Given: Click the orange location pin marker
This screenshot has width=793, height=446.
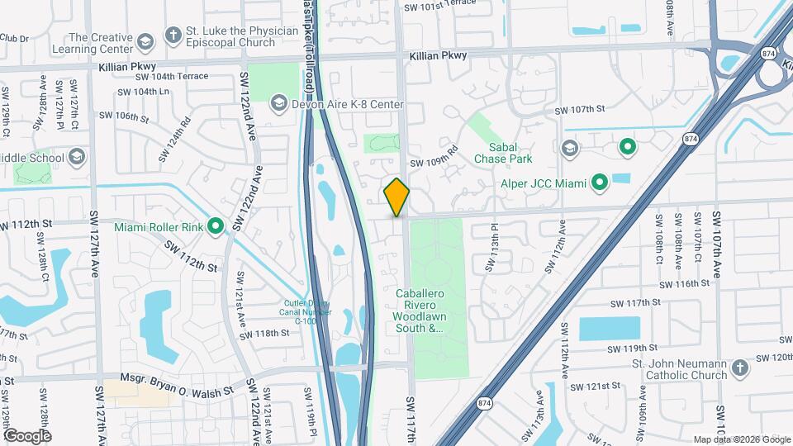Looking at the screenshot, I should (x=396, y=197).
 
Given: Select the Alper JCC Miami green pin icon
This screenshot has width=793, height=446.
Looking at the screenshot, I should (x=601, y=183).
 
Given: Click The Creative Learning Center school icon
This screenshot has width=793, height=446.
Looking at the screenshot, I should (x=145, y=43).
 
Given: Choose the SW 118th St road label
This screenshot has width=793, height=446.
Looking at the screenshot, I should (x=264, y=334).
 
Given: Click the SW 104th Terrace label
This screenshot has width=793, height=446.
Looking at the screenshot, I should (x=162, y=76).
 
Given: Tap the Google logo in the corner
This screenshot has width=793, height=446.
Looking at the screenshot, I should (x=27, y=435).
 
